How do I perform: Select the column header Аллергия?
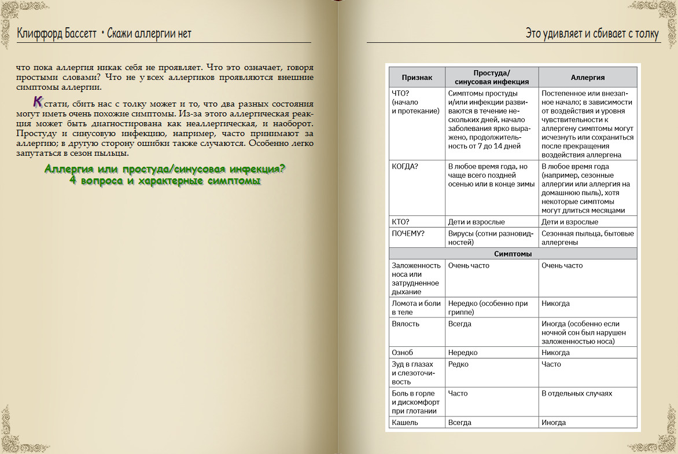coord(588,77)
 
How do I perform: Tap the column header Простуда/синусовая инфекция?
coord(491,77)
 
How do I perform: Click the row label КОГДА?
coord(405,166)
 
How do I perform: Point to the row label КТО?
coord(400,222)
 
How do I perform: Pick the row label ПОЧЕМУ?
coord(408,233)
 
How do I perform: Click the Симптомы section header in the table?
coord(513,254)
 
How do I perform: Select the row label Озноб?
coord(403,353)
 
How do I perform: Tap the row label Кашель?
coord(405,423)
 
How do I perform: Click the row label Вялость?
coord(406,324)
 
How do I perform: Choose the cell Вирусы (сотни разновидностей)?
coord(488,238)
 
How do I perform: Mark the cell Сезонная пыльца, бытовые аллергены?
coord(587,238)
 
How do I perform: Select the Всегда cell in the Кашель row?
coord(460,423)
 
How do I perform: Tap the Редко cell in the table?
coord(458,364)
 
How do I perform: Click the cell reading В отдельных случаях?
coord(577,393)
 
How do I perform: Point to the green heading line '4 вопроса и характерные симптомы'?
coord(164,181)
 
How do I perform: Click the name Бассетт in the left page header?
coord(79,34)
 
